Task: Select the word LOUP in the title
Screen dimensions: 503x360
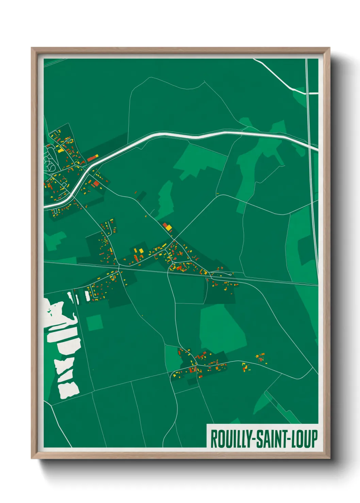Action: pyautogui.click(x=305, y=439)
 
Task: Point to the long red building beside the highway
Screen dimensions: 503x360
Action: pyautogui.click(x=93, y=158)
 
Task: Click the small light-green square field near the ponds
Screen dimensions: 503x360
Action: pyautogui.click(x=95, y=323)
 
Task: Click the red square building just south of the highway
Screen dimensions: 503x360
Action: pyautogui.click(x=97, y=184)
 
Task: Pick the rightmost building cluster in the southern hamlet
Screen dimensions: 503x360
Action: pyautogui.click(x=261, y=358)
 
